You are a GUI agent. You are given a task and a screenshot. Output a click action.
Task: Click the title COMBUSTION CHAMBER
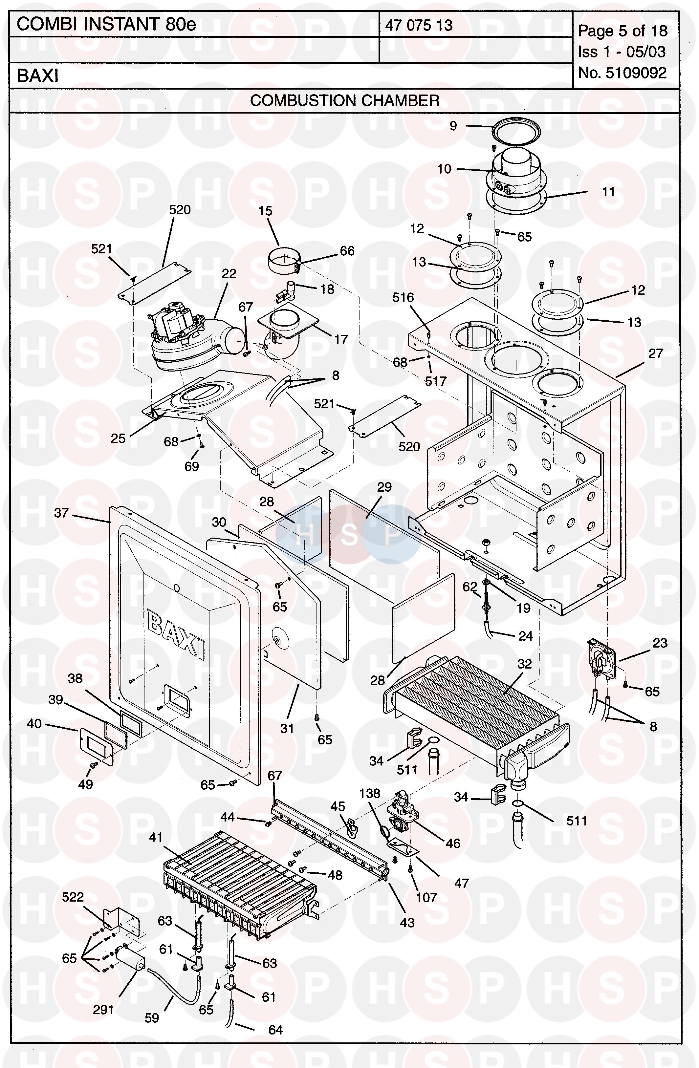coord(344,100)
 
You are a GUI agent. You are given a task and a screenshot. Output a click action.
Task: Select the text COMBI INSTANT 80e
coord(106,25)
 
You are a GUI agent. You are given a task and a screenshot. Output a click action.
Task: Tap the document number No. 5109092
coord(622,73)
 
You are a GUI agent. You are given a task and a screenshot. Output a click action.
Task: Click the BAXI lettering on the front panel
coord(176,636)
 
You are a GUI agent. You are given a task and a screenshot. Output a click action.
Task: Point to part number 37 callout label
coord(61,513)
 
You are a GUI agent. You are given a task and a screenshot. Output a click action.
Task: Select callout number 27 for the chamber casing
coord(655,353)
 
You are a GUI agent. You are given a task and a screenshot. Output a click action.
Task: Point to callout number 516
coord(403,298)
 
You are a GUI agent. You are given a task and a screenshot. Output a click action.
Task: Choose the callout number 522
coord(73,897)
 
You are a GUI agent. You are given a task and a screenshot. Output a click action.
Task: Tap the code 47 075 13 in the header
coord(419,25)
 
